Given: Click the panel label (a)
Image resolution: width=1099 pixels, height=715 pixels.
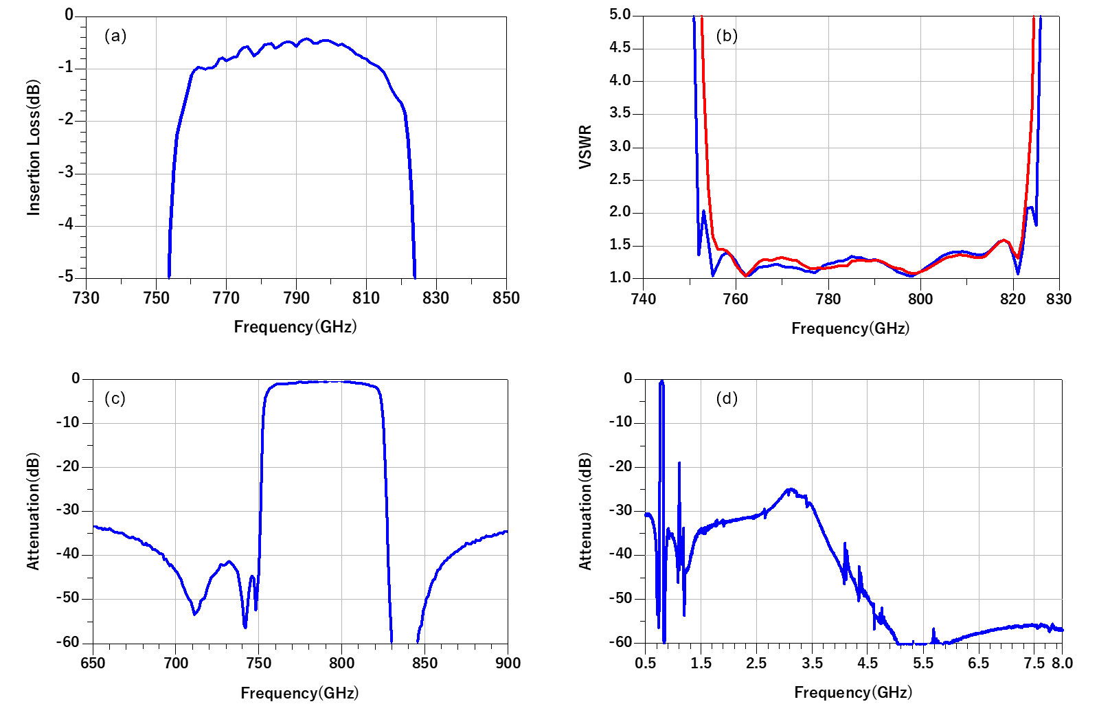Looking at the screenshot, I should [x=115, y=36].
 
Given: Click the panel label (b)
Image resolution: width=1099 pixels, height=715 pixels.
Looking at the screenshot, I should [x=727, y=36].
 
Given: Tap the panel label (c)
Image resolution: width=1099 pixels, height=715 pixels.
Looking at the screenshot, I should [x=115, y=399].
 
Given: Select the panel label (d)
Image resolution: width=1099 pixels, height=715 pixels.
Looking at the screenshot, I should [x=727, y=398].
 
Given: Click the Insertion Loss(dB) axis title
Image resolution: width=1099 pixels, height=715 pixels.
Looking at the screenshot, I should [x=34, y=148].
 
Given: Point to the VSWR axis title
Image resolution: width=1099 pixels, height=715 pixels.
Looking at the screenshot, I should [x=585, y=147].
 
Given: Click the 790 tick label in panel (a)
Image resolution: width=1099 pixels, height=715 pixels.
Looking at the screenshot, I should [x=296, y=298].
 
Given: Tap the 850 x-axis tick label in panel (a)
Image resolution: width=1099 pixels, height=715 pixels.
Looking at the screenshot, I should [x=506, y=298].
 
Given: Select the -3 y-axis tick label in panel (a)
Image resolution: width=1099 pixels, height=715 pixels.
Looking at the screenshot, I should [x=65, y=172].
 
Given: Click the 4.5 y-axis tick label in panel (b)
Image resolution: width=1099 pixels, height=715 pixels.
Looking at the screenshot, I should [x=620, y=47].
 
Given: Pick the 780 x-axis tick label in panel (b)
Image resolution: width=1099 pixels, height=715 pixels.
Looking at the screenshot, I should [x=828, y=299].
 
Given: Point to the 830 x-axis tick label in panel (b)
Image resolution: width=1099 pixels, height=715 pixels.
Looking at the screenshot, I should [x=1058, y=299].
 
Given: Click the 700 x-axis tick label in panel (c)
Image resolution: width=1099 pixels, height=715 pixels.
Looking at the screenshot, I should [x=176, y=663].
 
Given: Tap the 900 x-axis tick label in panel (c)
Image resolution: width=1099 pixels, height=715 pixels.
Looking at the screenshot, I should [x=508, y=663].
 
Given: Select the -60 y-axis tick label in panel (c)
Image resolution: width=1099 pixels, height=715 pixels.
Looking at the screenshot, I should [x=68, y=642].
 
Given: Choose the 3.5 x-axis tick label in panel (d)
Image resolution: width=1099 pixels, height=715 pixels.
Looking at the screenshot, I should [x=812, y=663].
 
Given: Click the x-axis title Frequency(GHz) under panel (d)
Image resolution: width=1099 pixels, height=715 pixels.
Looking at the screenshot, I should [x=853, y=692].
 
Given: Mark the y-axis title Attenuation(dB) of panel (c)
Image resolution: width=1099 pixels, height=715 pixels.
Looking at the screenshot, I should [x=34, y=511].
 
